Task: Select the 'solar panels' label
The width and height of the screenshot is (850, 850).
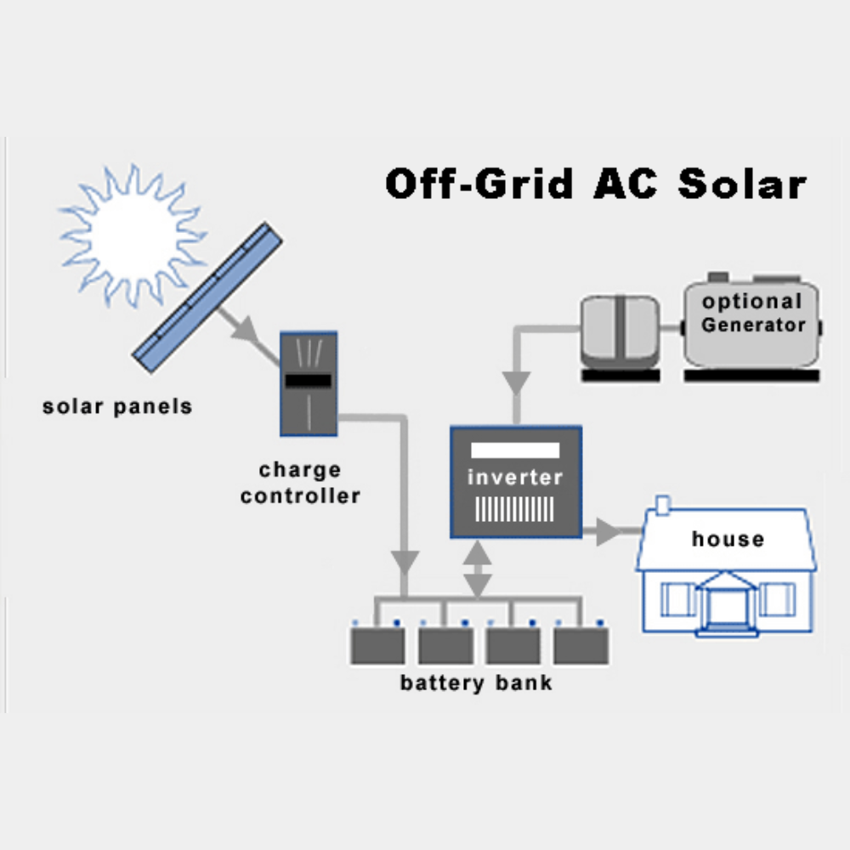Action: pyautogui.click(x=117, y=406)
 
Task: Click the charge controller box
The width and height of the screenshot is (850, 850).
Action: pyautogui.click(x=309, y=382)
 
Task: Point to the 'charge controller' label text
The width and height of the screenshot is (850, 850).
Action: pyautogui.click(x=300, y=483)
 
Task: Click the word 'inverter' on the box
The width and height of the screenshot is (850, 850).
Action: pyautogui.click(x=515, y=478)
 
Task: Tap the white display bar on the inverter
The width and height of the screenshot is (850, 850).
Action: pyautogui.click(x=515, y=450)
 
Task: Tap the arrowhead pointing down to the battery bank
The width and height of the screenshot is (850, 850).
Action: pyautogui.click(x=405, y=560)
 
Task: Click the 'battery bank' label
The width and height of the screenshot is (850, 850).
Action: pyautogui.click(x=476, y=683)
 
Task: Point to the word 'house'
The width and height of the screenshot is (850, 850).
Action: pyautogui.click(x=728, y=539)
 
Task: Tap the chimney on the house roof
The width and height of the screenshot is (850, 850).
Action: pyautogui.click(x=663, y=506)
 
